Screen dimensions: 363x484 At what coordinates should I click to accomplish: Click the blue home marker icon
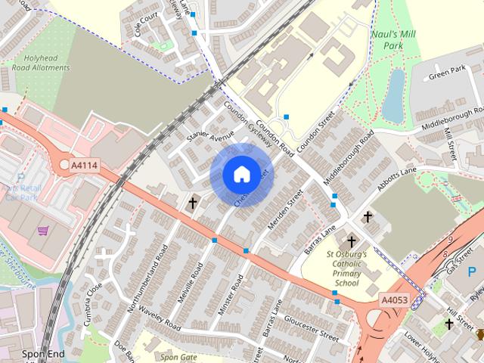pos(241,174)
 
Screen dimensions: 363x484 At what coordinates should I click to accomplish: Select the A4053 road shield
pos(393,300)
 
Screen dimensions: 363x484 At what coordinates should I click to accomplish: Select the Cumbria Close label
pos(93,298)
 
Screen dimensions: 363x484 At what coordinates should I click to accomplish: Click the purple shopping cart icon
pos(44,231)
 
